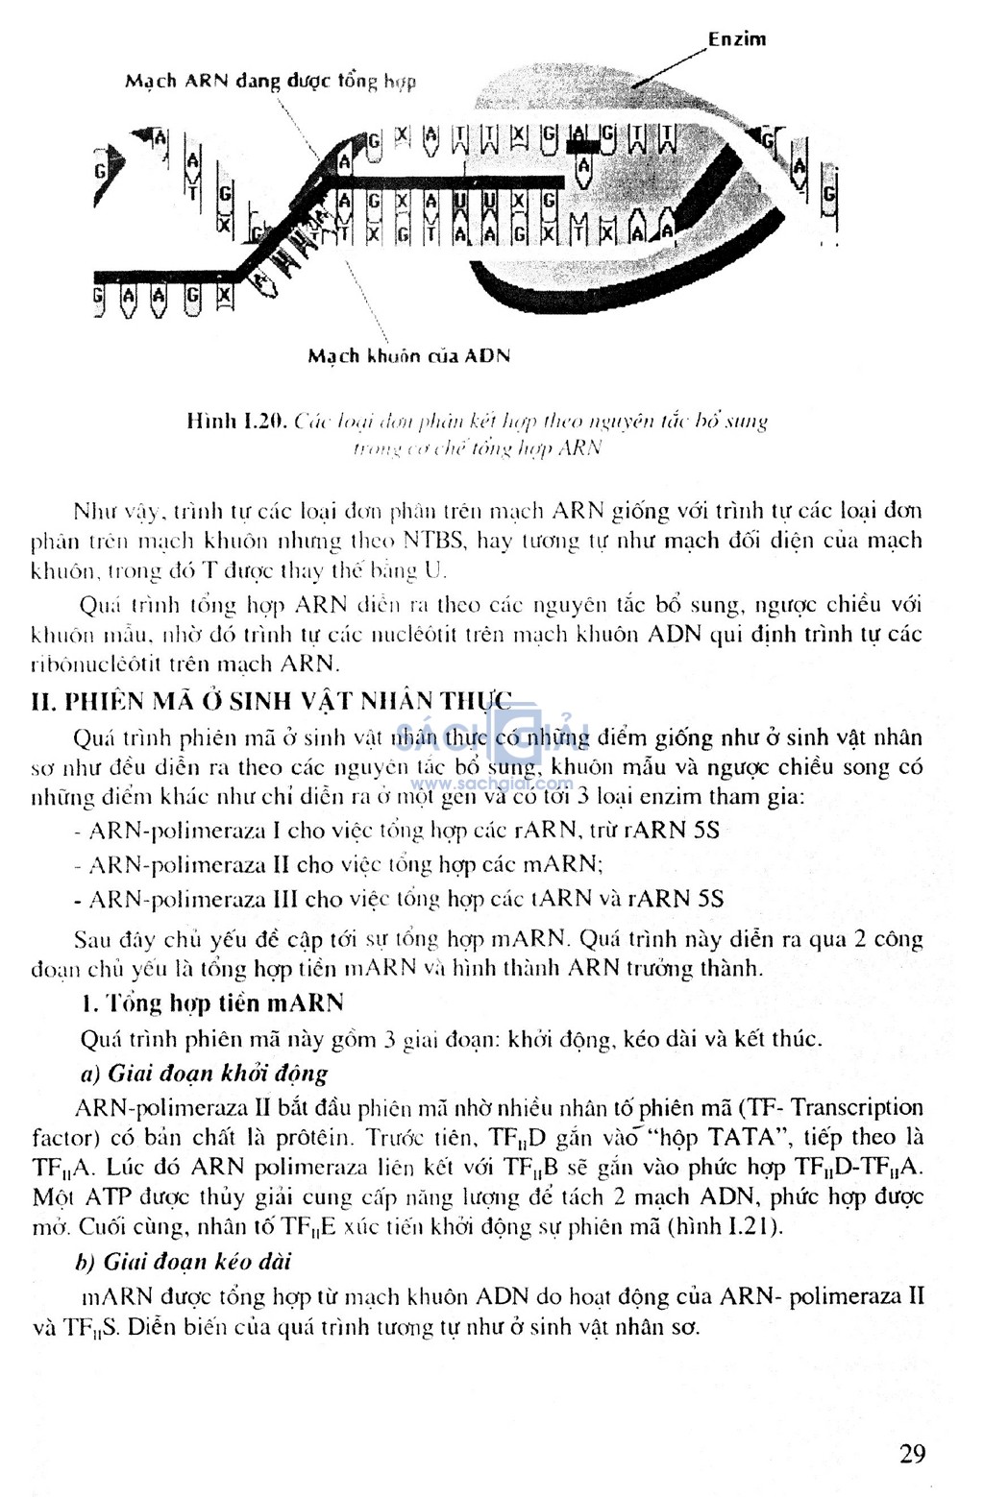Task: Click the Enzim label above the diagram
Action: [x=737, y=39]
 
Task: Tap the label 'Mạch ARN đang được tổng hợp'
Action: [x=270, y=81]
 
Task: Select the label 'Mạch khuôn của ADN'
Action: [x=408, y=356]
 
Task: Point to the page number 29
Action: [x=912, y=1453]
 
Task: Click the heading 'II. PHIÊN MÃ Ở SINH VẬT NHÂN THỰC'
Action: [x=272, y=701]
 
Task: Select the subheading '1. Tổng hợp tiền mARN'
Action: [x=212, y=1003]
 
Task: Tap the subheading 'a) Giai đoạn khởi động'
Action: [x=204, y=1073]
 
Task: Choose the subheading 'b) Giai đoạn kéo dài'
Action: [x=184, y=1261]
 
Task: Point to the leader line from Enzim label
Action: [x=669, y=66]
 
